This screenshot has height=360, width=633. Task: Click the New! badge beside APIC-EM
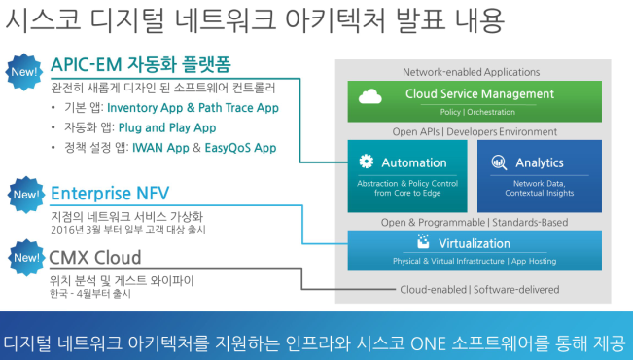(23, 72)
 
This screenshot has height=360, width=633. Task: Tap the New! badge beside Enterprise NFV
(26, 195)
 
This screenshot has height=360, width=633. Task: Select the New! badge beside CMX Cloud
(26, 258)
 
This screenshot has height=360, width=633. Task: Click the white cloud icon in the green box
(369, 96)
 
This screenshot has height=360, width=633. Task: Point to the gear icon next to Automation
(367, 162)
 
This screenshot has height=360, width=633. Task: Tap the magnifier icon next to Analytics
(499, 162)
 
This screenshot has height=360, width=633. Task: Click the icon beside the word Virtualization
(423, 241)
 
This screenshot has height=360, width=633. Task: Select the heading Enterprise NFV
(110, 193)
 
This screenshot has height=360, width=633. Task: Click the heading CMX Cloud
(95, 258)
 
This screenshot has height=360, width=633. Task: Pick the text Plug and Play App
(167, 127)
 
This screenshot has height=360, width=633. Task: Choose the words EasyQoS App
(240, 148)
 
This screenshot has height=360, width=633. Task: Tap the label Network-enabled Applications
(472, 72)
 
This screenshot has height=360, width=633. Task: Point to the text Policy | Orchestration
(477, 112)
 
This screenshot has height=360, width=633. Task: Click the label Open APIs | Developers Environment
(475, 131)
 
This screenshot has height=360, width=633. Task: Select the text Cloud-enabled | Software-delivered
(479, 289)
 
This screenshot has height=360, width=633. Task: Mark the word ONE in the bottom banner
(428, 343)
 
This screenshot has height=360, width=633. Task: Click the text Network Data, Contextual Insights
(540, 188)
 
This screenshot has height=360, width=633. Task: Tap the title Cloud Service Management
(479, 93)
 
